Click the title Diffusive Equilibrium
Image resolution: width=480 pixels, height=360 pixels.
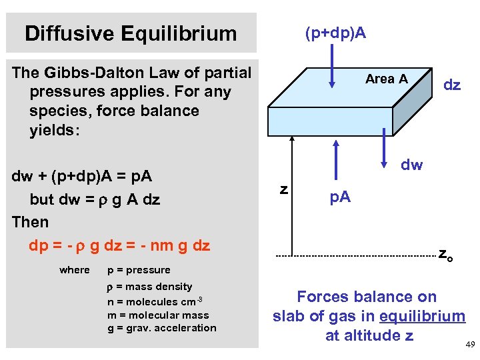click(x=131, y=33)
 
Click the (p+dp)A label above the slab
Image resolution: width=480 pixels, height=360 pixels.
click(x=335, y=33)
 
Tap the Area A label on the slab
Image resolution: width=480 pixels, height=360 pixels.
click(x=387, y=79)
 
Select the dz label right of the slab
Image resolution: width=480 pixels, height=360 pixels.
click(x=452, y=85)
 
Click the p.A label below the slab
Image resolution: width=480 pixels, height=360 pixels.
click(x=339, y=197)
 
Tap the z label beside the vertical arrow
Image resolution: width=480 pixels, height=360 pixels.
click(x=284, y=189)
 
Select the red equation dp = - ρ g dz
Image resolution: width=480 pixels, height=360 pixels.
click(x=119, y=245)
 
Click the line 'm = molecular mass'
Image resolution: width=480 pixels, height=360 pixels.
click(x=158, y=315)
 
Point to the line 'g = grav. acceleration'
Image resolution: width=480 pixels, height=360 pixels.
click(x=162, y=328)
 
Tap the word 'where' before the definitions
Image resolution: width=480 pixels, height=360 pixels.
click(x=74, y=270)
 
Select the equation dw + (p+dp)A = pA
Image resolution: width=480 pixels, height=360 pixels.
click(x=82, y=177)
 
